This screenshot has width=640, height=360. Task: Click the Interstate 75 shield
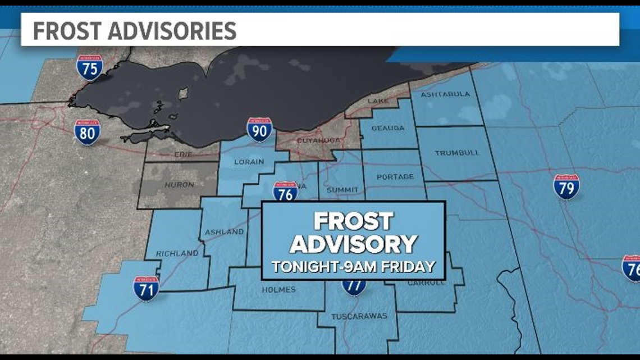tap(90, 68)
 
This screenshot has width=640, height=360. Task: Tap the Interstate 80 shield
tap(87, 132)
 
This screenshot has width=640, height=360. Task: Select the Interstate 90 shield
tap(259, 130)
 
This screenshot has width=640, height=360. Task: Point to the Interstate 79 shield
tap(566, 186)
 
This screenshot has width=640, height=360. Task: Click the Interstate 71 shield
tap(146, 288)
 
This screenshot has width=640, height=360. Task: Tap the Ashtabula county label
tap(445, 94)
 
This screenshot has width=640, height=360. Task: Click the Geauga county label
tap(387, 128)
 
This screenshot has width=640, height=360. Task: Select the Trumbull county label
tap(456, 152)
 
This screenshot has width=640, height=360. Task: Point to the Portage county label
tap(395, 177)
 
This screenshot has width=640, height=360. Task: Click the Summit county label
tap(342, 190)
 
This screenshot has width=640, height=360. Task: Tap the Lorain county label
tap(249, 162)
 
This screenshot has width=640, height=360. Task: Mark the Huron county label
tap(179, 184)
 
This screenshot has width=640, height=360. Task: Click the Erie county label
tap(183, 154)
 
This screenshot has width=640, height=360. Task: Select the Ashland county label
tap(224, 231)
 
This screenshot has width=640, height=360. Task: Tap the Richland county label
tap(177, 253)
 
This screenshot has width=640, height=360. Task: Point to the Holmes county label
tap(278, 290)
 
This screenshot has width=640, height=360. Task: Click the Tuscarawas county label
tap(359, 316)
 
